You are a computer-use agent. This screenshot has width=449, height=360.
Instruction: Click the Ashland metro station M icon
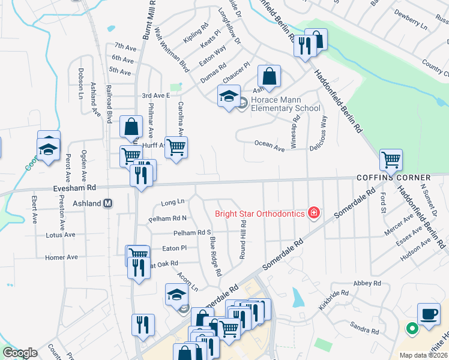(x=109, y=203)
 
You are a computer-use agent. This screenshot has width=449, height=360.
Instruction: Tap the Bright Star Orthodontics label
(x=261, y=213)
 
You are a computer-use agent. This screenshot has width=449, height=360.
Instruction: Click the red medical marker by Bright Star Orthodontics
(x=313, y=212)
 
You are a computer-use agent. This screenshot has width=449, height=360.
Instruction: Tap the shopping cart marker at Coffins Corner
(x=391, y=160)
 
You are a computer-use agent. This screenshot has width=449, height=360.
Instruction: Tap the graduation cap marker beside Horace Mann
(x=229, y=97)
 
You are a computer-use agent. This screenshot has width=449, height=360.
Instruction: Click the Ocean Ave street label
(x=269, y=144)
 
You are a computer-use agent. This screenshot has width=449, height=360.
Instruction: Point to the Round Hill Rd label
(x=243, y=239)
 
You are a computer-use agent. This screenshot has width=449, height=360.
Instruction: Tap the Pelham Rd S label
(x=192, y=232)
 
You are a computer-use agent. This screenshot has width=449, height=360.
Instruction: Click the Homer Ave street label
(x=61, y=257)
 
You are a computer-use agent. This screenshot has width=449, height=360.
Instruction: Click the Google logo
(x=20, y=353)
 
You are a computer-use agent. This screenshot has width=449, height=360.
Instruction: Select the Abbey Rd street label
(x=368, y=283)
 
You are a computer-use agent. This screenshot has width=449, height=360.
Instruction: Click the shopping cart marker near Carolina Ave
(x=176, y=147)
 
